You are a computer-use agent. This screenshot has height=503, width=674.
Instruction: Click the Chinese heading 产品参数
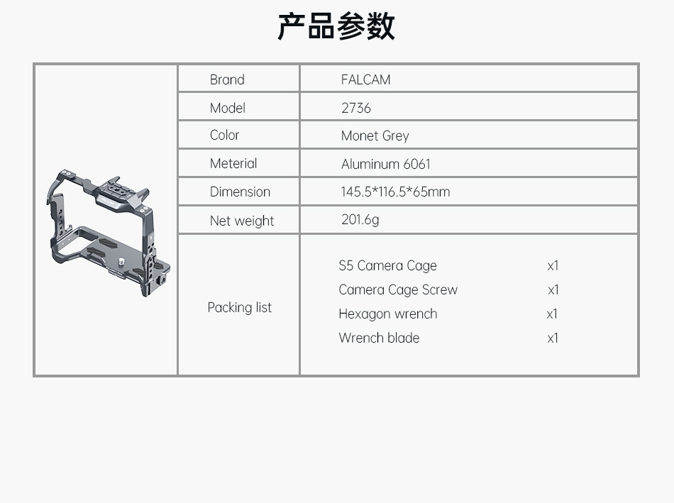coord(336,26)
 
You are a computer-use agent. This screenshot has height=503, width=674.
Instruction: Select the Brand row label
coord(227,79)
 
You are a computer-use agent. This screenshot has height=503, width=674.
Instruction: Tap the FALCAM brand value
coord(366,79)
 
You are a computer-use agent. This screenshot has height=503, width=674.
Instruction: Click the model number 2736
coord(356,108)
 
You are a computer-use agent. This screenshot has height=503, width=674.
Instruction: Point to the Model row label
coord(228,108)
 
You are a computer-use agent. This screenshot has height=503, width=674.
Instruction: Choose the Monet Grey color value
coord(375,136)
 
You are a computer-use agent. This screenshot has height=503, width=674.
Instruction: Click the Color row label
coord(224,135)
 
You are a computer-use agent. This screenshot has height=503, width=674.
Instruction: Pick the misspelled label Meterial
coord(233,163)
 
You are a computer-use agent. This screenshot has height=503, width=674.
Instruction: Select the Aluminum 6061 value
coord(385,164)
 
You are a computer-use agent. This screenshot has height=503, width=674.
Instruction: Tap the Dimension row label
coord(240,192)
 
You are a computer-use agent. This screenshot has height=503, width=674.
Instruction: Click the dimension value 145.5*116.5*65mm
coord(395,192)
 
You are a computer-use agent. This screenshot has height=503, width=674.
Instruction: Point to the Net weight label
coord(241,221)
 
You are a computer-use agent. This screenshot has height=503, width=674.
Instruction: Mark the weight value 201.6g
coord(360,220)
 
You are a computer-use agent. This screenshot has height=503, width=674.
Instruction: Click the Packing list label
coord(239,308)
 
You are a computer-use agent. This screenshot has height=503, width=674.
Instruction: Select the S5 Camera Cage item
coord(387,265)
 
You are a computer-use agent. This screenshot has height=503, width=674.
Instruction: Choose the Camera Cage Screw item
coord(398,289)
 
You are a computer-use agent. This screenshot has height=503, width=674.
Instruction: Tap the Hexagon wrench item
coord(387,314)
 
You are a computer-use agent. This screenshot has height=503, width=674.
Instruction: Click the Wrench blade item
coord(379,338)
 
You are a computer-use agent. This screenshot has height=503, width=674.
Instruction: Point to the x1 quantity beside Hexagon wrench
coord(553,314)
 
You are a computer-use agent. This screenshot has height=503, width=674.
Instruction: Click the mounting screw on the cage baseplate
coord(121,261)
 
